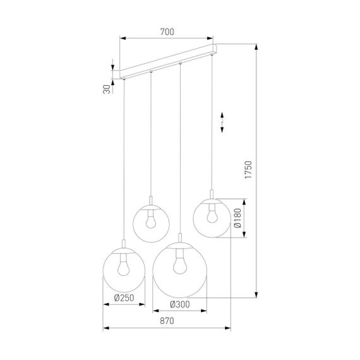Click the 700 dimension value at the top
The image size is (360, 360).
click(x=167, y=32)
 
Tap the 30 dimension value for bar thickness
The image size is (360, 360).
click(x=106, y=89)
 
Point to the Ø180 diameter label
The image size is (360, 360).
click(x=236, y=217)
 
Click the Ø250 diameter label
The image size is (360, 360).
click(x=124, y=300)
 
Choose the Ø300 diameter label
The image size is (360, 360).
click(x=180, y=304)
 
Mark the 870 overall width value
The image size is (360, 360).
click(x=167, y=321)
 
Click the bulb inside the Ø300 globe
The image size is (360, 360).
click(x=180, y=261)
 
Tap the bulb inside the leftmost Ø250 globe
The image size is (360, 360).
click(x=124, y=267)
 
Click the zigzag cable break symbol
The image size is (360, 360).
click(x=222, y=122)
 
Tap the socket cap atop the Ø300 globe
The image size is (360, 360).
click(x=180, y=241)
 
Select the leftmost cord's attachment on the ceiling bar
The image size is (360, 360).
click(x=124, y=79)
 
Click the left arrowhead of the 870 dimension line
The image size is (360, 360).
click(x=105, y=328)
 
